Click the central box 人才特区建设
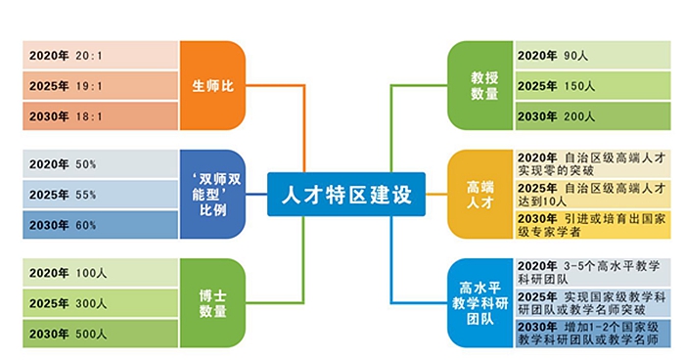click(346, 195)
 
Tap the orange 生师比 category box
click(212, 86)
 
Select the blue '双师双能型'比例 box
click(212, 195)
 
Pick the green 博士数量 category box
click(212, 302)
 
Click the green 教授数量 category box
click(480, 86)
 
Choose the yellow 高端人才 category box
click(480, 195)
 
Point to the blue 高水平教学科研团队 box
click(480, 302)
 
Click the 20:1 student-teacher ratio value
click(89, 56)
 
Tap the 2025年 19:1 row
click(100, 86)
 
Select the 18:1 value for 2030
click(89, 116)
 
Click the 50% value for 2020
click(86, 164)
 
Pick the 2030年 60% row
click(100, 225)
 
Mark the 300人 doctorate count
click(91, 303)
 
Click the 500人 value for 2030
click(91, 334)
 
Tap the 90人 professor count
click(575, 56)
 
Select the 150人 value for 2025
click(579, 86)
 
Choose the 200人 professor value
click(579, 116)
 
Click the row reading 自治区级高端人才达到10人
click(593, 195)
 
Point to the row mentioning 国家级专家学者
click(593, 225)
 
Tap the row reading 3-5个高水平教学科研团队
click(593, 272)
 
